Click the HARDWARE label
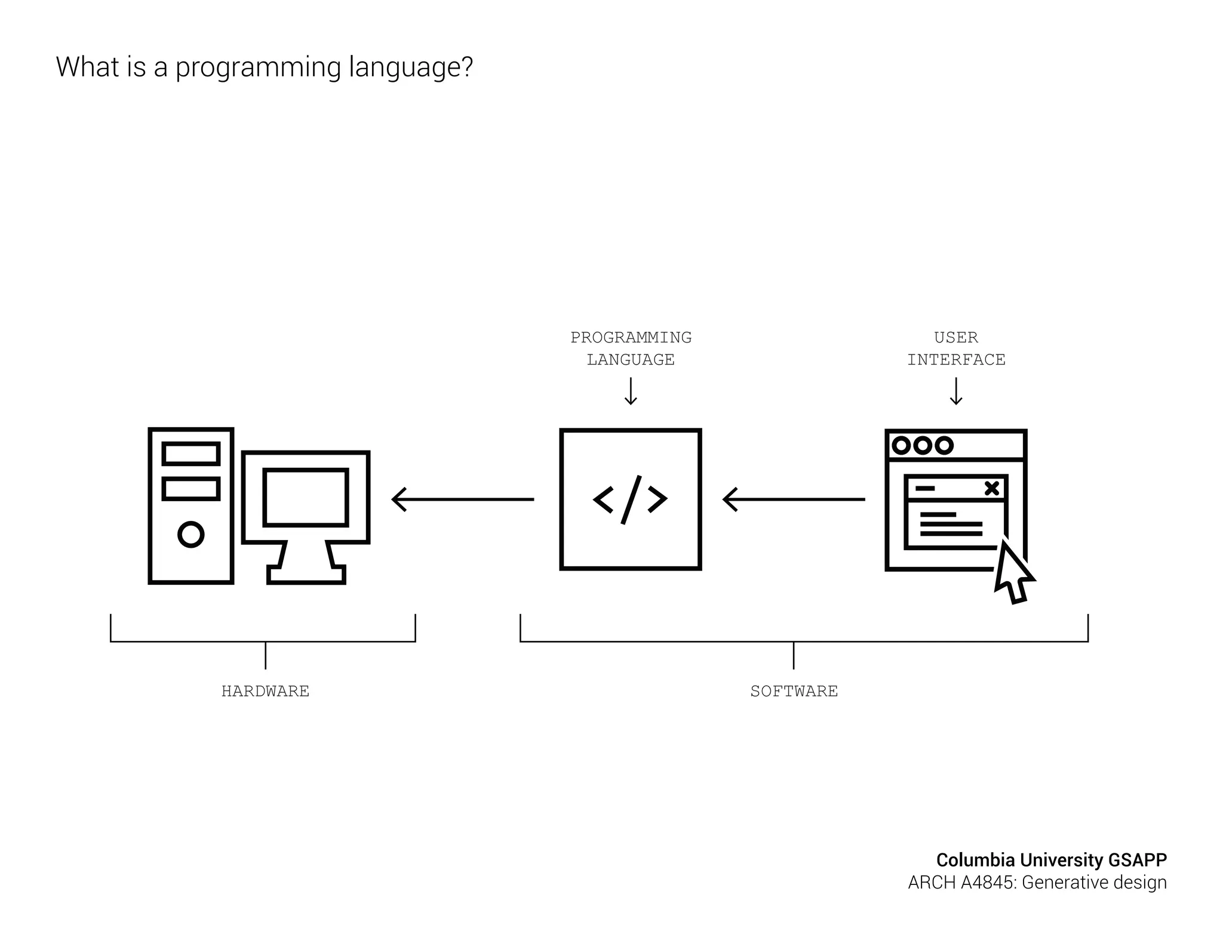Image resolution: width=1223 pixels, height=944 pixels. pos(265,691)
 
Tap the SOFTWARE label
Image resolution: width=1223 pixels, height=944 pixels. pos(794,691)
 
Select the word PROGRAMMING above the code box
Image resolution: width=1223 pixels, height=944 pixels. pos(631,338)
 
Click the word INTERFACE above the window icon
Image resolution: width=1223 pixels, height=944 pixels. pos(956,360)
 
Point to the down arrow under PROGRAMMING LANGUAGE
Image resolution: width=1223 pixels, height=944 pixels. pos(631,392)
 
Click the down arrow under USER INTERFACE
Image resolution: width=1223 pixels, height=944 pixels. pos(956,392)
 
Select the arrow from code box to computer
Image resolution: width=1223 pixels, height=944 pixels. pos(463,499)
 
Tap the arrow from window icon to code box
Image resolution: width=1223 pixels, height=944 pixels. pos(794,499)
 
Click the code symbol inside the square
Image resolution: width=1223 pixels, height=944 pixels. pos(630,499)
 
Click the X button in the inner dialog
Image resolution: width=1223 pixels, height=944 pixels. pos(991,488)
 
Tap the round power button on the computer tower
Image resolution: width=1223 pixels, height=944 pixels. pos(191,534)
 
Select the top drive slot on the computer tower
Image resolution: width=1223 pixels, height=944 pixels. pos(191,454)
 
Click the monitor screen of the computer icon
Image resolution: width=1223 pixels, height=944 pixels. pos(306,498)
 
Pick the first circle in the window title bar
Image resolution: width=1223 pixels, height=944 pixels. pos(901,446)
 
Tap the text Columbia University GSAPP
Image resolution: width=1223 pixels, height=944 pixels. pos(1051,860)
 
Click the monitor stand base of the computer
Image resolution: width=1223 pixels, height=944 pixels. pos(306,576)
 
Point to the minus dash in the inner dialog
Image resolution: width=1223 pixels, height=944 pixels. pos(924,488)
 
